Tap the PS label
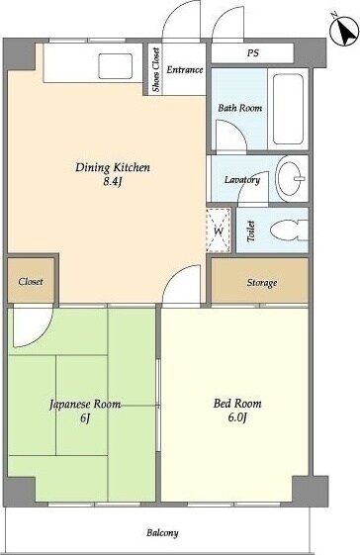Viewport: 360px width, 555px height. pos(253,53)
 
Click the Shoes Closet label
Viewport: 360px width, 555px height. pos(155,69)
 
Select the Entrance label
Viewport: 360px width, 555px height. pos(184,69)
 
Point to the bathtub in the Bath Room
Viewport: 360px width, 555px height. pos(289,109)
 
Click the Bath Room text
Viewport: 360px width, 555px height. pos(239,108)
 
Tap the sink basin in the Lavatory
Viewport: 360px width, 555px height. pos(291,179)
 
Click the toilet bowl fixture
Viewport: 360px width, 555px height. pos(289,231)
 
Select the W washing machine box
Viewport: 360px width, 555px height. pos(219,231)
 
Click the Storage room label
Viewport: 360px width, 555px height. pos(261,283)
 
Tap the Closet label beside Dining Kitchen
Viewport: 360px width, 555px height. pos(31,282)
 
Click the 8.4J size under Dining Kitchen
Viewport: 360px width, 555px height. pos(113,183)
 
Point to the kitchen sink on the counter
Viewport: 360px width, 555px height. pos(116,66)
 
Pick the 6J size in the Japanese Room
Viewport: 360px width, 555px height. pos(85,418)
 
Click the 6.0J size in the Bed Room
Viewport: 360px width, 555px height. pos(237,417)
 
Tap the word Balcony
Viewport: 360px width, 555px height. pos(162,533)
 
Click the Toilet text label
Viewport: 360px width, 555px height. pos(251,231)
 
